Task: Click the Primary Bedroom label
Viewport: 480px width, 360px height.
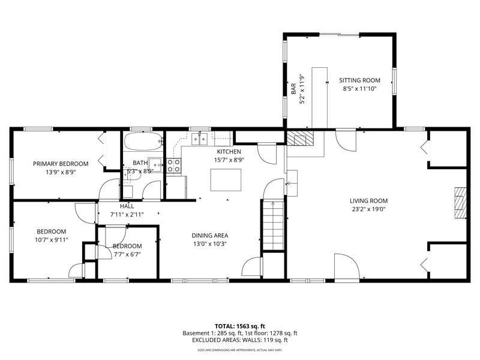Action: (61, 164)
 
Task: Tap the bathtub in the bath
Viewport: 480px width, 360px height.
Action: (143, 141)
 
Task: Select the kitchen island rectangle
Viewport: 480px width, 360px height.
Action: (226, 179)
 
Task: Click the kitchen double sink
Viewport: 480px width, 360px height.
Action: (199, 139)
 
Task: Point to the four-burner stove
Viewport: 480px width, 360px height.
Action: (173, 166)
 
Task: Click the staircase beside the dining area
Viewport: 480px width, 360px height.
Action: (274, 225)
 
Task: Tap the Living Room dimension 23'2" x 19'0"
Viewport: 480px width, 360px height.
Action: (368, 209)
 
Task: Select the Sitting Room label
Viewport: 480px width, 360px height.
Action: (359, 80)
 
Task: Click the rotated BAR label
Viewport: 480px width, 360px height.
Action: (293, 89)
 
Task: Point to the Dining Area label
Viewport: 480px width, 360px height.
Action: (209, 235)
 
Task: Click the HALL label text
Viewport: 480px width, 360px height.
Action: (127, 206)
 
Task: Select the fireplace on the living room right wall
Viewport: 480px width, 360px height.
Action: (460, 203)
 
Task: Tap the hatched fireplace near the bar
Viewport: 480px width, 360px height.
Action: (301, 139)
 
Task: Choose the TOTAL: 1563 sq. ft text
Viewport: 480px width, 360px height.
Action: (239, 326)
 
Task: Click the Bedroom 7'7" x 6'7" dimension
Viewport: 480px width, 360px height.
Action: (127, 254)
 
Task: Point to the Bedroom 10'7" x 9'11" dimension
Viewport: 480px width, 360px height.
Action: (52, 240)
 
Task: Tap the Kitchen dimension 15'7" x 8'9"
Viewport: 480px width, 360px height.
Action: (229, 160)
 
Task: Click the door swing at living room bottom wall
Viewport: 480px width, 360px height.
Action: (347, 266)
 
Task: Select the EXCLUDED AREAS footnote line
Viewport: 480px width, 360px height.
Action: (240, 340)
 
